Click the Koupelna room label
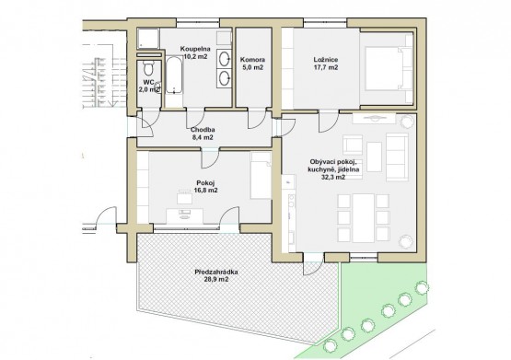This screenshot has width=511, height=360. [195, 52]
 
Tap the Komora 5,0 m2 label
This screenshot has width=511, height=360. [252, 64]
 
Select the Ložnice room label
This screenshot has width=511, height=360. [326, 64]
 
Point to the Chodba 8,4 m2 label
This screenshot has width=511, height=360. [203, 134]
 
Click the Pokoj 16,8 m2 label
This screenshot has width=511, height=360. [205, 187]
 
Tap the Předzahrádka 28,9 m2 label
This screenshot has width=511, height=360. [216, 275]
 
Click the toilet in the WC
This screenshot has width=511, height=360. [148, 68]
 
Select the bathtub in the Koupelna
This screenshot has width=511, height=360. [174, 75]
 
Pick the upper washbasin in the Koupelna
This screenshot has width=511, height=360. [225, 59]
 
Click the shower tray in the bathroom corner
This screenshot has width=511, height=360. [148, 39]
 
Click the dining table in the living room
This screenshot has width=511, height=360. [363, 218]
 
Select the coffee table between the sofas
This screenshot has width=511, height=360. [374, 157]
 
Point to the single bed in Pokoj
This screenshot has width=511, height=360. [261, 175]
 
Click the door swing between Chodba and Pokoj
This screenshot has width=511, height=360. [210, 158]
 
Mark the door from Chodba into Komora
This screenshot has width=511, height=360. [257, 119]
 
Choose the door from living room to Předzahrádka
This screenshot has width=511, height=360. [312, 264]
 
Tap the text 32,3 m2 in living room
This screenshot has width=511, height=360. [333, 177]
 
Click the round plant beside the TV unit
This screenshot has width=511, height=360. [407, 122]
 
